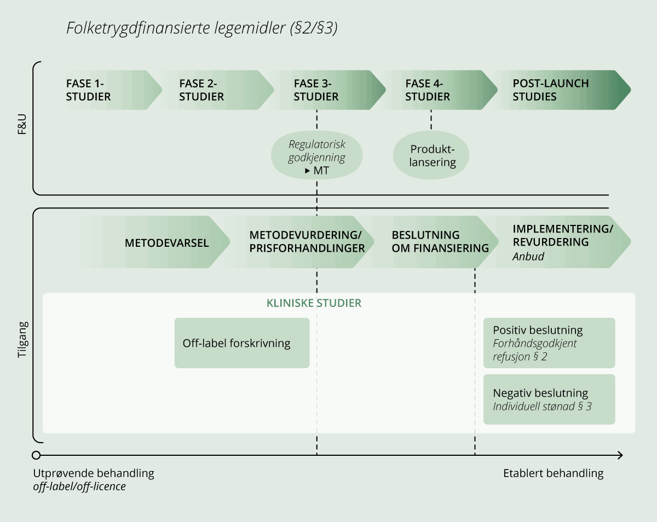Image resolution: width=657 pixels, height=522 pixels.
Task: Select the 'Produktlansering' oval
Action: tap(433, 155)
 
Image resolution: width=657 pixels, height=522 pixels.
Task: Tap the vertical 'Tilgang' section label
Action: tap(22, 343)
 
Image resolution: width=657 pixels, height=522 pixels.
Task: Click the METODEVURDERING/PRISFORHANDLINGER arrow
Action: tap(307, 242)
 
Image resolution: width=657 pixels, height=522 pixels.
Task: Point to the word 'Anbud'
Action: tap(528, 256)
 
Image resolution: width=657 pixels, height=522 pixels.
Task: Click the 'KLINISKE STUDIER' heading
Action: tap(314, 303)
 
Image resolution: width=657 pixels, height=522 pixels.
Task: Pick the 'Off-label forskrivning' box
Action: tap(242, 343)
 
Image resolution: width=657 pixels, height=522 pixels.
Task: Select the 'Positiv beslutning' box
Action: tap(549, 343)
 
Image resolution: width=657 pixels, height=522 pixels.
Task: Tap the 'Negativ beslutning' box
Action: tap(549, 399)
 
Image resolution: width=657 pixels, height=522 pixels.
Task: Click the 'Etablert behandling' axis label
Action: tap(553, 473)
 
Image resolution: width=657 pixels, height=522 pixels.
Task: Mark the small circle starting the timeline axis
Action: tap(36, 455)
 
